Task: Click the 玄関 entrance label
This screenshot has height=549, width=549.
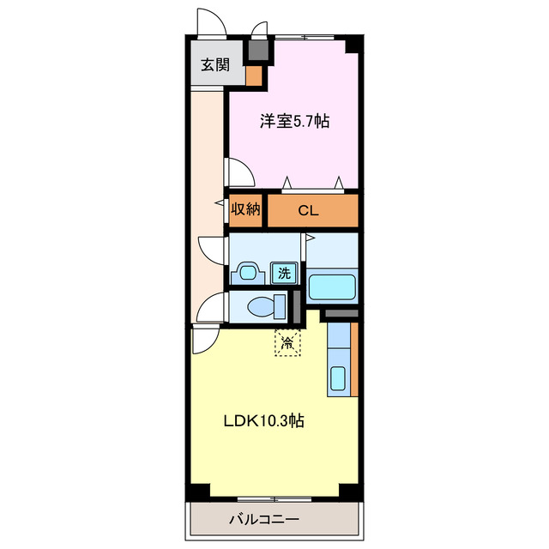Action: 215,65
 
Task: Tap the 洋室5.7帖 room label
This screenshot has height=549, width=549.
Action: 294,122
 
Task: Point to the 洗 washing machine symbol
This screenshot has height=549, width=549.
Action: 284,274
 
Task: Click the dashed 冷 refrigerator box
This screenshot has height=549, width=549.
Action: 288,343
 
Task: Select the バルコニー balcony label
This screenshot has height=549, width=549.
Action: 263,519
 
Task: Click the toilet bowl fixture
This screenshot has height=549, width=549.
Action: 262,305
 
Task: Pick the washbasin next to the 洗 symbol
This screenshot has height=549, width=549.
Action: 250,273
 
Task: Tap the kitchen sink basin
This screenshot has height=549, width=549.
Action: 338,378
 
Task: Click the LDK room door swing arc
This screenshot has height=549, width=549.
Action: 205,340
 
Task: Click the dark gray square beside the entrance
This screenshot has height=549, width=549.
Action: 256,50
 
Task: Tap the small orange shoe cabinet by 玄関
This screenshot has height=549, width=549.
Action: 254,75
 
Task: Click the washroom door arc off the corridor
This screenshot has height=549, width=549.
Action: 209,250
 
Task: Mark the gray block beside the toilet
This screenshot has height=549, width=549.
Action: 297,306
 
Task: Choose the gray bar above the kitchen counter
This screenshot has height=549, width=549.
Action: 340,315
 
